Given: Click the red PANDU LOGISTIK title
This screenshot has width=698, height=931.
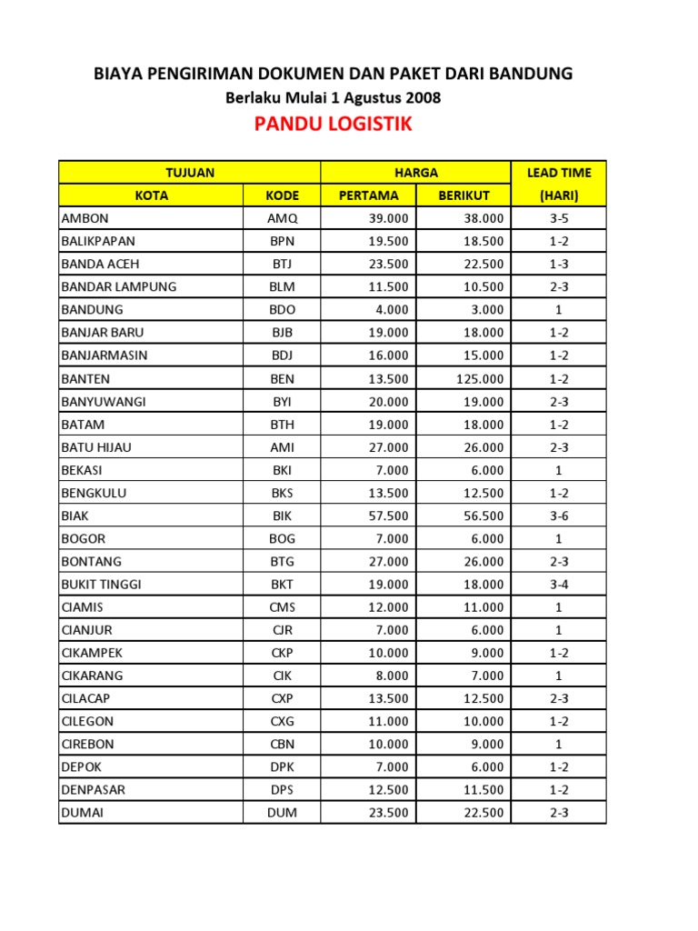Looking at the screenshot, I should [x=334, y=125].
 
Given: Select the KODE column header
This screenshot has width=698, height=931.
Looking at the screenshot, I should [x=282, y=195].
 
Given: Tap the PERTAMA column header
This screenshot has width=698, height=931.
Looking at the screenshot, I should [x=368, y=195].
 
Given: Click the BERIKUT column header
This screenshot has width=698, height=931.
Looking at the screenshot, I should [x=464, y=195].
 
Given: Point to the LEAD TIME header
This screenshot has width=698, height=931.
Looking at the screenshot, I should [x=558, y=172].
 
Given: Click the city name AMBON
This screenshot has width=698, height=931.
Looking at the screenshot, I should [x=85, y=218].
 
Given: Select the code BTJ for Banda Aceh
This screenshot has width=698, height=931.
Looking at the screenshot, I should [x=282, y=264].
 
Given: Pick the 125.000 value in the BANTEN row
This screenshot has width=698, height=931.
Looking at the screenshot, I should [x=480, y=378].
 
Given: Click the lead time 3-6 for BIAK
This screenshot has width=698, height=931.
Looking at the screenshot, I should [x=558, y=516].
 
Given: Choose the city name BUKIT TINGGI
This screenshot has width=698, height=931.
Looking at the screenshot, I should [x=101, y=584].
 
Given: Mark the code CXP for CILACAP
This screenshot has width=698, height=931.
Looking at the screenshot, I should [x=282, y=698].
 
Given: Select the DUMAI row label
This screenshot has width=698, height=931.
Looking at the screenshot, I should [x=82, y=813].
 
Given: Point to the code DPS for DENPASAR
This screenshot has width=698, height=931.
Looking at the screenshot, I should [x=282, y=790].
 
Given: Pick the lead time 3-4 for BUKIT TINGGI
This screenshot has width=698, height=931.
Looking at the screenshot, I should [x=558, y=584].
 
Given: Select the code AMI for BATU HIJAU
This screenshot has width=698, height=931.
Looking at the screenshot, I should [x=282, y=446].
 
